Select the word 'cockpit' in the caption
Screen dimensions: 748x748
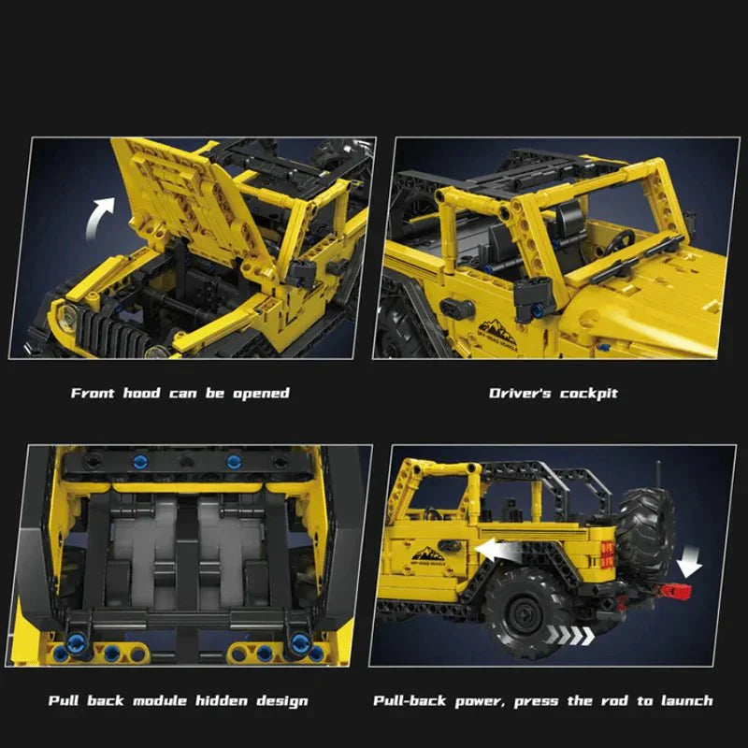[x=589, y=394]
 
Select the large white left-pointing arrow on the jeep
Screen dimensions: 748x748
[x=495, y=552]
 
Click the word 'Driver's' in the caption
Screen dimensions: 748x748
[x=519, y=394]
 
